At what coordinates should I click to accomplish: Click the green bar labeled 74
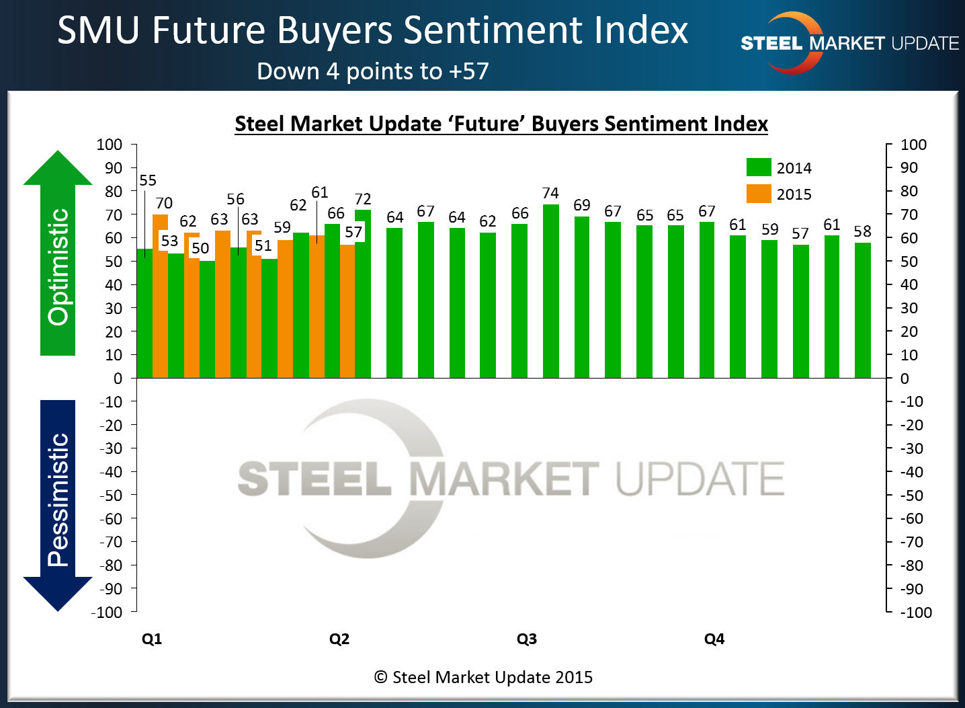(550, 290)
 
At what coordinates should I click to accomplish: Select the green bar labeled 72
(363, 293)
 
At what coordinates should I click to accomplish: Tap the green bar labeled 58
(862, 310)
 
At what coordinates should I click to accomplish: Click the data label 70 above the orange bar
(164, 203)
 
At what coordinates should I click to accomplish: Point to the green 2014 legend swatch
(759, 167)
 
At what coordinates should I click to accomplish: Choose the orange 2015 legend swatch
(759, 194)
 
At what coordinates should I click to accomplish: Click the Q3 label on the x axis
(527, 639)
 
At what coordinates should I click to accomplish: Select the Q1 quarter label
(152, 639)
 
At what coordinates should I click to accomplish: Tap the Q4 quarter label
(714, 639)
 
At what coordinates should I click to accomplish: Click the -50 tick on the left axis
(111, 495)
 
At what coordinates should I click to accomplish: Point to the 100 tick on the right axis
(913, 145)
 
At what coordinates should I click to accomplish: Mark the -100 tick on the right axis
(916, 613)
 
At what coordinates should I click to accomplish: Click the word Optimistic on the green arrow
(58, 266)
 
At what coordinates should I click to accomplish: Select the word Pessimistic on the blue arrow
(58, 499)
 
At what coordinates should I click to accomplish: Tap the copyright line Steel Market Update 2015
(483, 677)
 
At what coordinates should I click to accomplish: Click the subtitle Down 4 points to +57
(373, 71)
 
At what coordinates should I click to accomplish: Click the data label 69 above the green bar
(582, 205)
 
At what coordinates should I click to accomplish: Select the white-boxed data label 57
(353, 232)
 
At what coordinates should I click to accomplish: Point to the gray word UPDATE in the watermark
(700, 479)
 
